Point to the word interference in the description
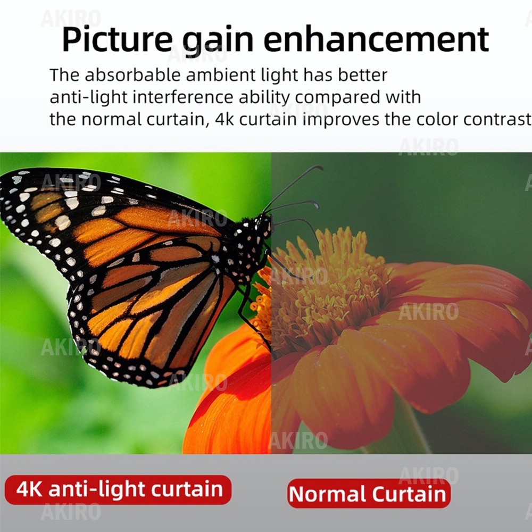coord(182,97)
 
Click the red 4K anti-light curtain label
coord(118,489)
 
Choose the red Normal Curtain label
coord(369,493)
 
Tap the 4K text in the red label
coord(29,489)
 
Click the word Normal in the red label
coord(327,494)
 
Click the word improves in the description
coord(340,120)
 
